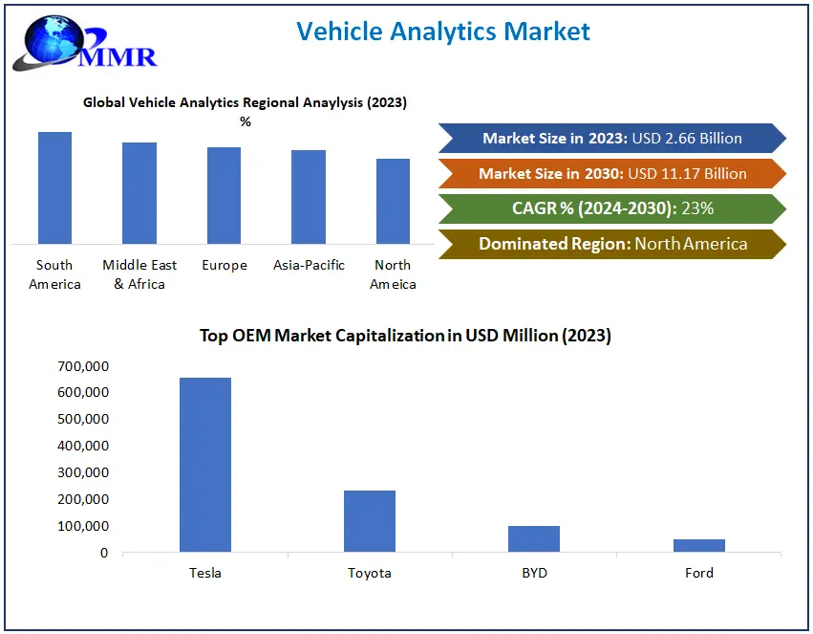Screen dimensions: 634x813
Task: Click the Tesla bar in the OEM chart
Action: (204, 465)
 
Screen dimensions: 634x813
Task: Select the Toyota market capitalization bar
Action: (370, 521)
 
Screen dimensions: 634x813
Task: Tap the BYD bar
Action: (534, 538)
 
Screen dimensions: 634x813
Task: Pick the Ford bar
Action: (698, 545)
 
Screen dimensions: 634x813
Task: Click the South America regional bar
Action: (54, 187)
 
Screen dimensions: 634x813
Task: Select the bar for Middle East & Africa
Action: (139, 192)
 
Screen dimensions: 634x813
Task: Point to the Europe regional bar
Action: (224, 195)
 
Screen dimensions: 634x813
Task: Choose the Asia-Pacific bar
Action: (309, 196)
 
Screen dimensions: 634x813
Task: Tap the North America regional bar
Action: (393, 201)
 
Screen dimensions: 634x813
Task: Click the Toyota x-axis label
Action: (370, 573)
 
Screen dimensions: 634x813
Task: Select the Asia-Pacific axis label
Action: (309, 265)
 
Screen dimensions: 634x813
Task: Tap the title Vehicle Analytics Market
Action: (443, 31)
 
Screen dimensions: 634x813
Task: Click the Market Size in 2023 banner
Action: (611, 139)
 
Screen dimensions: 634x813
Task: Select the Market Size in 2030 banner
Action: (611, 173)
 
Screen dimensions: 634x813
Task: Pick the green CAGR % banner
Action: (611, 208)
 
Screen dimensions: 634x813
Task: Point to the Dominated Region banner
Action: (611, 244)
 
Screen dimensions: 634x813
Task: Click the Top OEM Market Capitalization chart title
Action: (405, 336)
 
